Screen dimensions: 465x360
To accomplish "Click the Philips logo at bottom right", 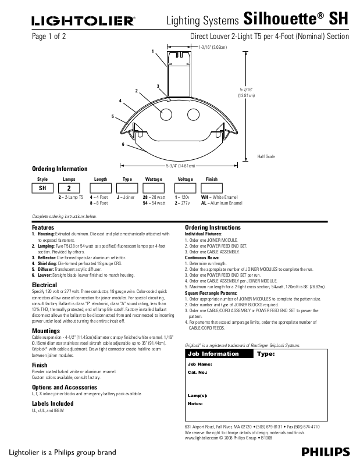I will coord(326,452).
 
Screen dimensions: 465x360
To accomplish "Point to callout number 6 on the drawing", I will coord(123,144).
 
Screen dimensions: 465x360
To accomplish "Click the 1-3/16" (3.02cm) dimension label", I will coord(213,46).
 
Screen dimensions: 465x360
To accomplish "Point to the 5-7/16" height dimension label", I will coord(247,93).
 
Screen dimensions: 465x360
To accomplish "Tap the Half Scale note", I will coord(266,157).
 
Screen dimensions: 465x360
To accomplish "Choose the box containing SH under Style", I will coord(42,189).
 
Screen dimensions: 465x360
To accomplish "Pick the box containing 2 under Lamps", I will coord(69,189).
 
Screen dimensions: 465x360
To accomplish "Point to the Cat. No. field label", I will coord(198,371).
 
